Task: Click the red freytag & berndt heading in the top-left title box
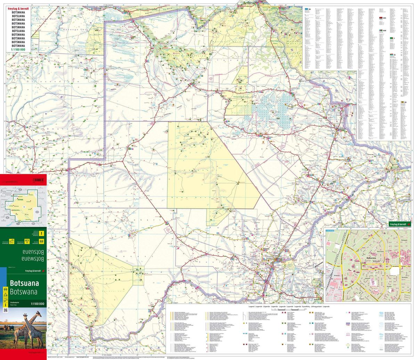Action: pyautogui.click(x=18, y=8)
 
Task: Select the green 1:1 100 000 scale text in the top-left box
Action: pyautogui.click(x=18, y=49)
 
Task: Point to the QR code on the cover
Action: pyautogui.click(x=5, y=310)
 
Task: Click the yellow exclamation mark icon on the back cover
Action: pyautogui.click(x=41, y=233)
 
